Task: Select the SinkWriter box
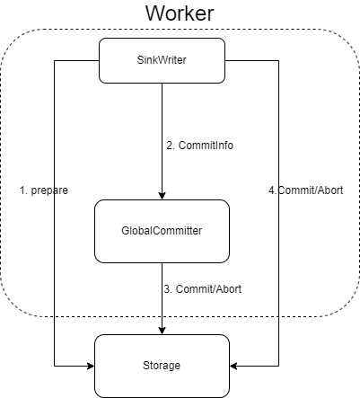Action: click(162, 60)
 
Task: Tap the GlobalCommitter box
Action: click(162, 231)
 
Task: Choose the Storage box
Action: click(162, 366)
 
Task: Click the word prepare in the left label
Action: click(50, 190)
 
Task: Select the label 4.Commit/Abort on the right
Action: click(305, 190)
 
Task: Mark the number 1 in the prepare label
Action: click(22, 190)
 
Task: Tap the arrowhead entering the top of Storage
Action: click(162, 329)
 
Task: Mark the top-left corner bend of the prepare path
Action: click(55, 60)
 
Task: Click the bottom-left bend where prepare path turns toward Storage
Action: click(55, 366)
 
